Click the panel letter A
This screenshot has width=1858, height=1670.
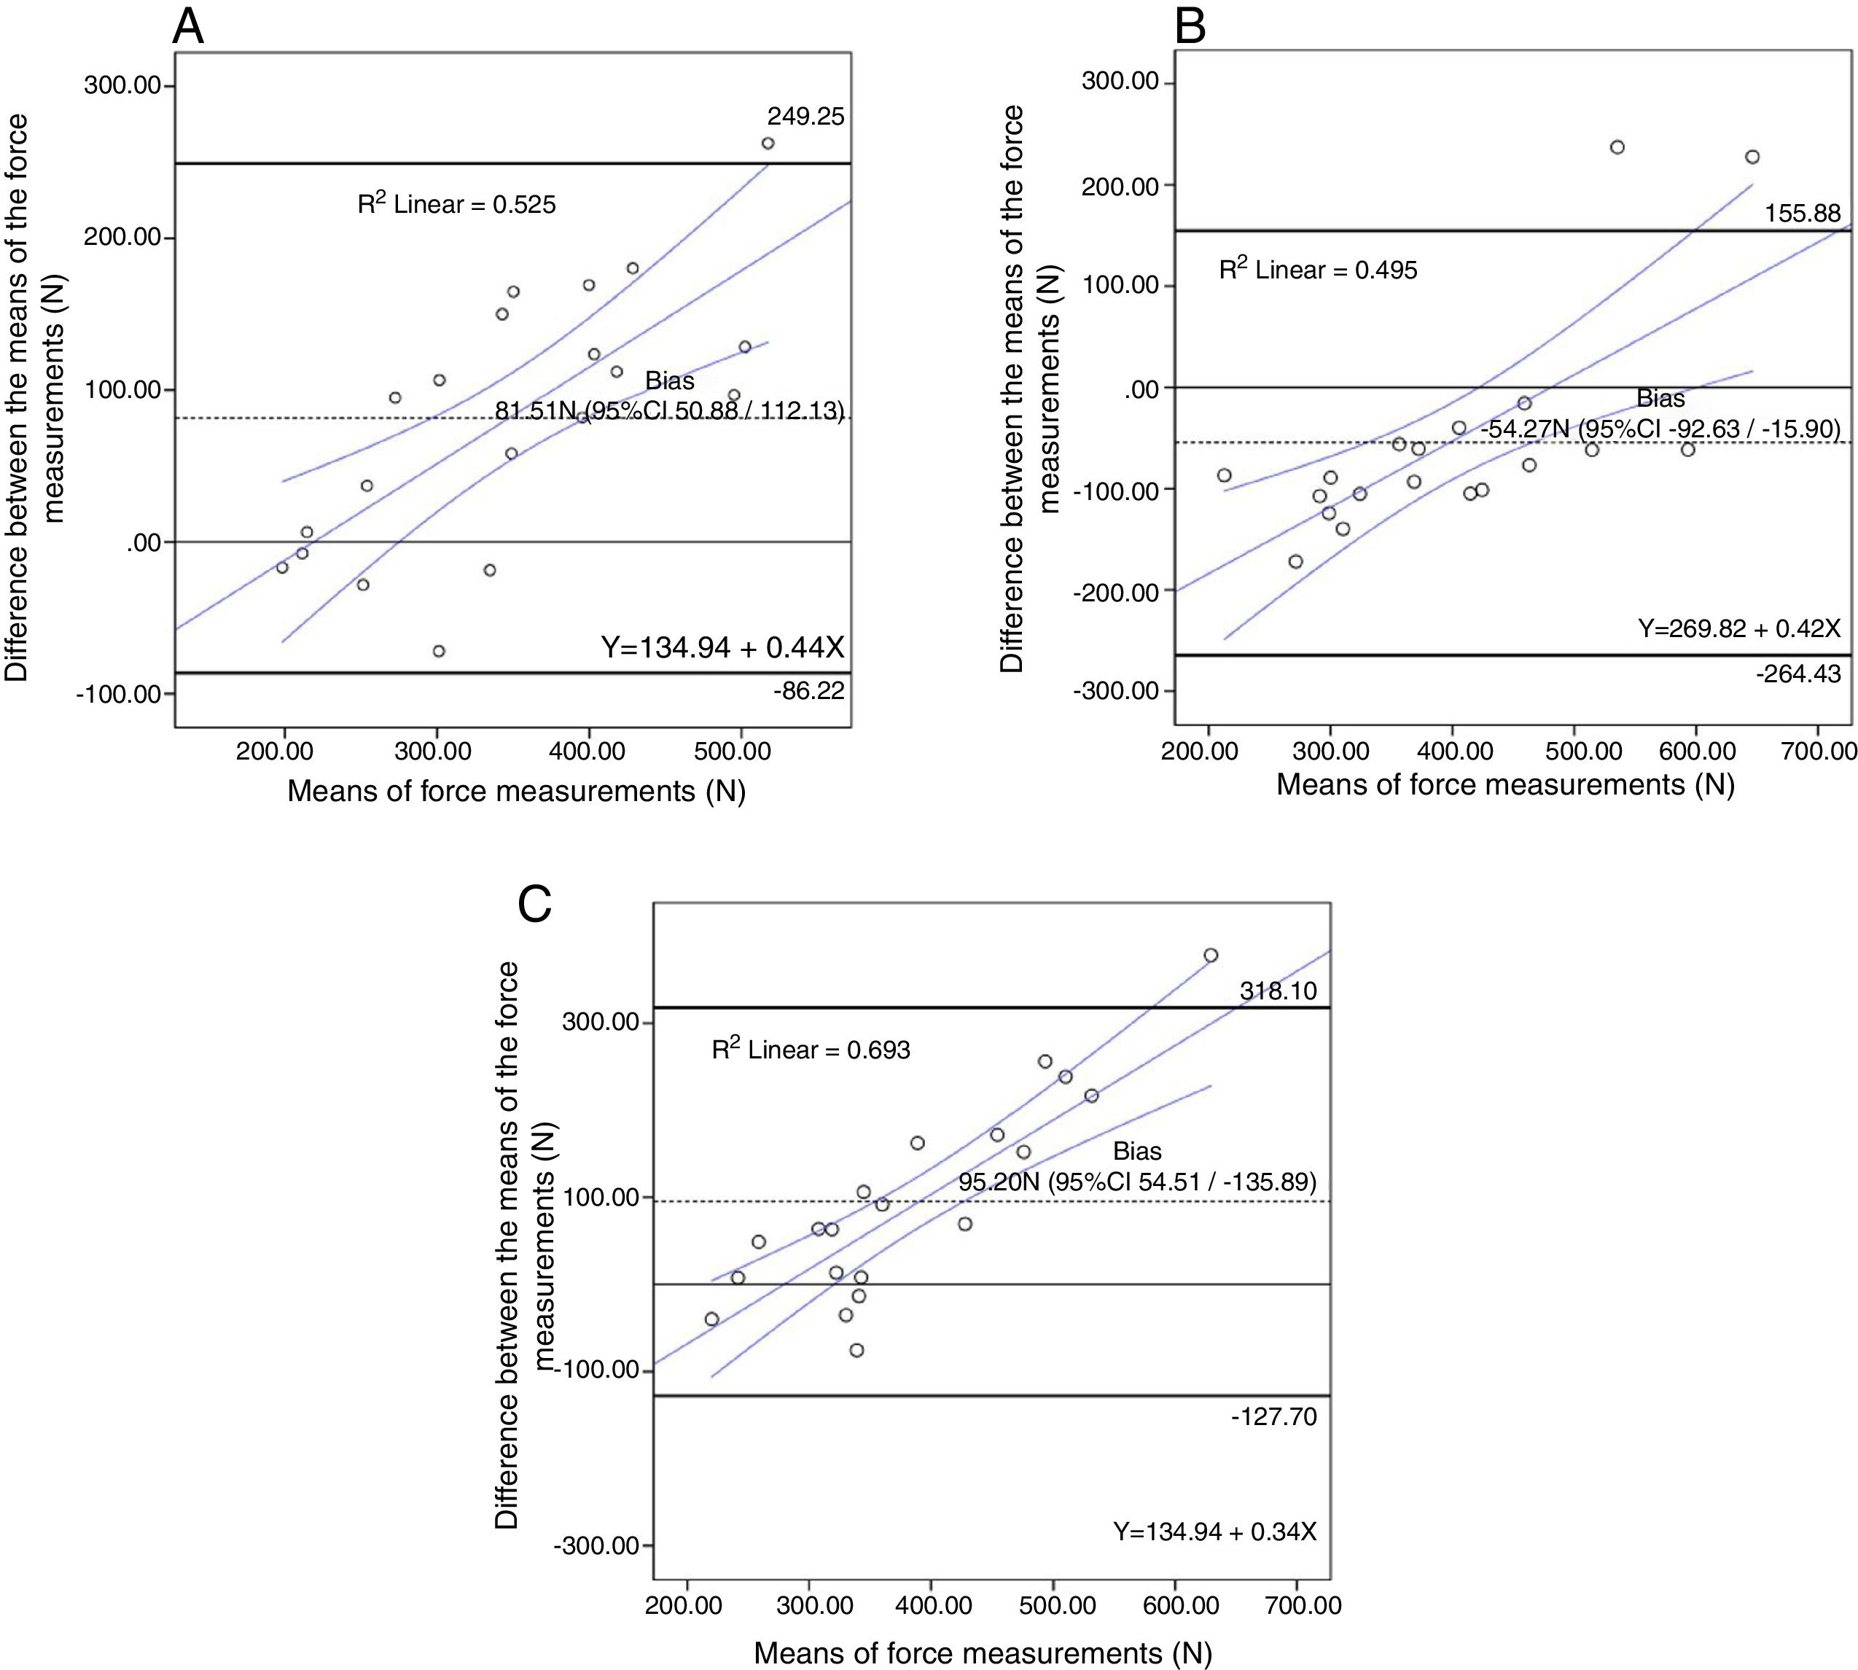pyautogui.click(x=188, y=27)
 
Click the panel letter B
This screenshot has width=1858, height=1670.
pyautogui.click(x=1190, y=27)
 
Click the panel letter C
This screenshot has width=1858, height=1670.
pyautogui.click(x=535, y=905)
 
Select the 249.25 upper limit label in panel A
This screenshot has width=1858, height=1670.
pyautogui.click(x=805, y=117)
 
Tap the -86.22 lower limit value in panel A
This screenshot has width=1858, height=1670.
pyautogui.click(x=808, y=690)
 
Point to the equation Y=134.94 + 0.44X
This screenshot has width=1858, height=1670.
pyautogui.click(x=722, y=648)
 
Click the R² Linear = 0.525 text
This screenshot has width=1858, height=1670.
pyautogui.click(x=457, y=203)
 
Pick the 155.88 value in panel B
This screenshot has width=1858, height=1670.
pyautogui.click(x=1802, y=214)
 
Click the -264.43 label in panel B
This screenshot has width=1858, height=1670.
pyautogui.click(x=1798, y=674)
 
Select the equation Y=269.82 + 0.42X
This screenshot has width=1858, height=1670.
pyautogui.click(x=1738, y=628)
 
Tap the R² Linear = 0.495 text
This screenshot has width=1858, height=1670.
pyautogui.click(x=1318, y=270)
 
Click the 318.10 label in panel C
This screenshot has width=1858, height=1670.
pyautogui.click(x=1277, y=991)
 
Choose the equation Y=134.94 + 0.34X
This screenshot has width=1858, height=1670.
pyautogui.click(x=1215, y=1532)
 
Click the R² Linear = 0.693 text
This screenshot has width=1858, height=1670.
pyautogui.click(x=811, y=1050)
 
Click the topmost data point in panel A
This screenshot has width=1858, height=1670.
pyautogui.click(x=768, y=143)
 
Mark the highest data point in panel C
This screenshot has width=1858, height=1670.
pyautogui.click(x=1210, y=955)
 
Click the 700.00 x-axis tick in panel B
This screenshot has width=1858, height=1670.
pyautogui.click(x=1819, y=752)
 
